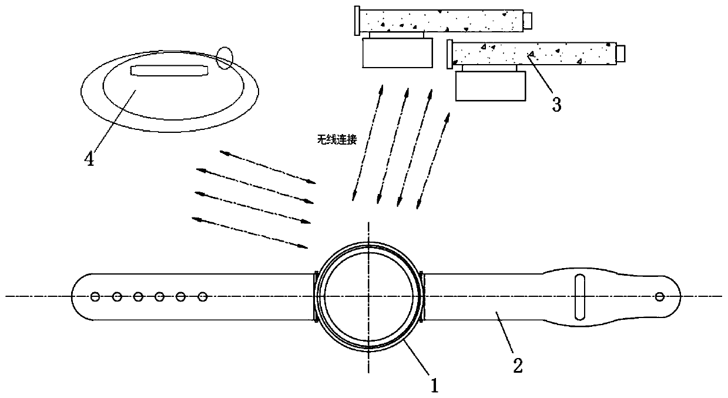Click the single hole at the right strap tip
coord(659,296)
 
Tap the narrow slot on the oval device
coord(169,71)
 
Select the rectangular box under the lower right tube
coord(489,86)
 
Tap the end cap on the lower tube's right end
coord(619,53)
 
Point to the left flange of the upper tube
coord(357,22)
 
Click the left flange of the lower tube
coord(449,53)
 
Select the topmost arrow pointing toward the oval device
coord(267,166)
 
